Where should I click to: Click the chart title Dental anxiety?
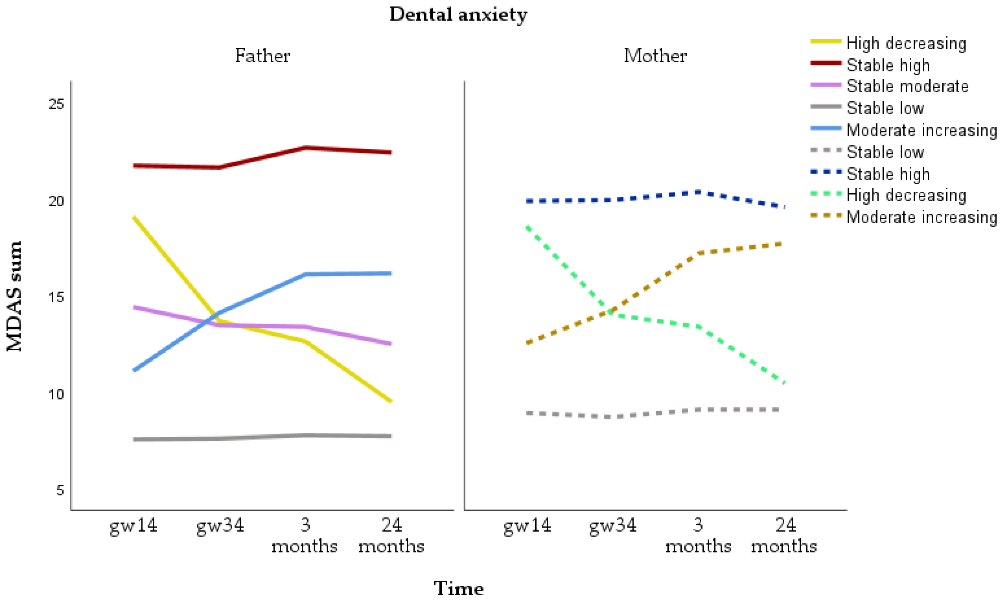(x=458, y=15)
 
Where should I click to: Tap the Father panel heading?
(x=263, y=56)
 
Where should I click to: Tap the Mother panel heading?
(x=655, y=56)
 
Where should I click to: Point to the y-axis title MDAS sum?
(x=15, y=296)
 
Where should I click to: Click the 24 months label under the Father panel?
(x=391, y=536)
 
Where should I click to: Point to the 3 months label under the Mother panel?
(x=698, y=536)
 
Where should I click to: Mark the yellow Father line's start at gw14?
(x=134, y=218)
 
